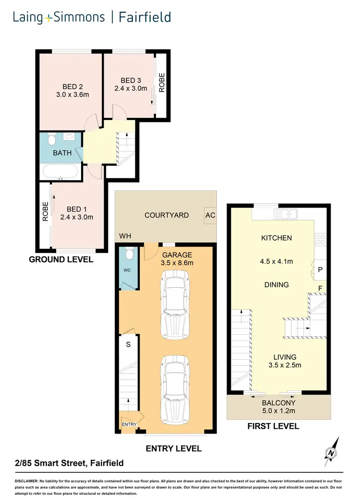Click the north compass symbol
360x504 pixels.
pos(331,451)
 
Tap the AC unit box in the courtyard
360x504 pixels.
pos(210,215)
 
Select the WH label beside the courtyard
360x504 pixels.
pos(125,236)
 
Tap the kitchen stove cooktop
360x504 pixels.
pos(320,238)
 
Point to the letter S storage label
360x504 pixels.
pos(129,344)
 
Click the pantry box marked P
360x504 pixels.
pos(320,270)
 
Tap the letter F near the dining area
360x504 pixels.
pos(320,288)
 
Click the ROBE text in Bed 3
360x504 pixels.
pos(162,82)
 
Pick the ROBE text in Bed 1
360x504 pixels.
pos(46,211)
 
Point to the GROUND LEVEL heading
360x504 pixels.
pos(61,259)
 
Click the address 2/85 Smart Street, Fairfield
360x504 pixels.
pos(69,463)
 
